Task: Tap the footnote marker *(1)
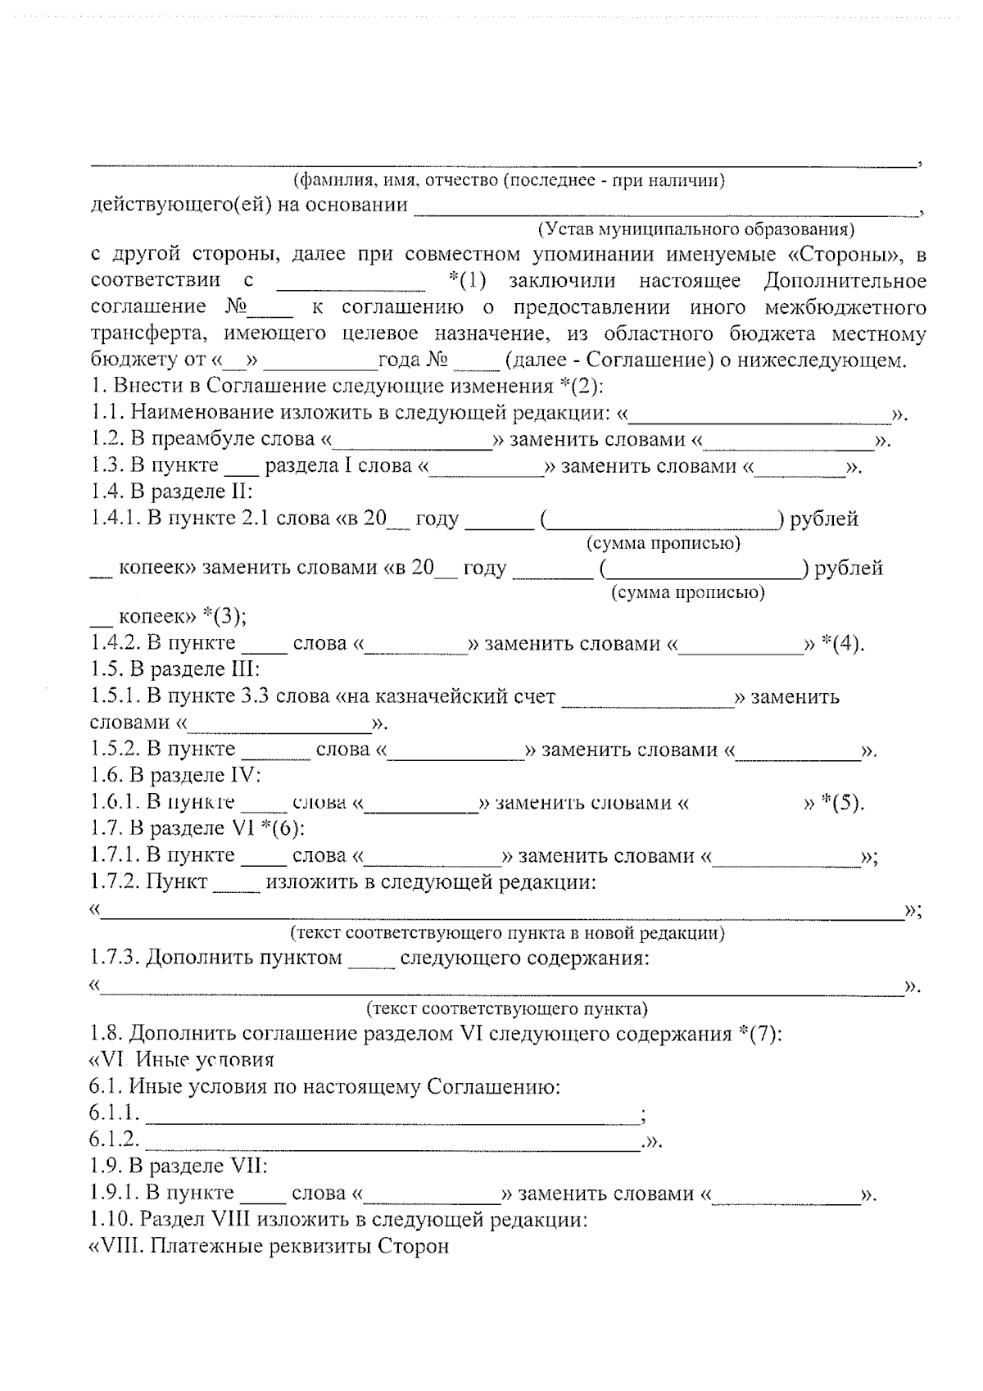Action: [468, 281]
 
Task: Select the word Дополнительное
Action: [845, 281]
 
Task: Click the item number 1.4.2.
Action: [116, 644]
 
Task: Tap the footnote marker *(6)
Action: [283, 828]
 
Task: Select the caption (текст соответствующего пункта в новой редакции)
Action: [507, 932]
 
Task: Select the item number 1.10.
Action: [111, 1221]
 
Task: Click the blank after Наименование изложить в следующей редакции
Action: [762, 416]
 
